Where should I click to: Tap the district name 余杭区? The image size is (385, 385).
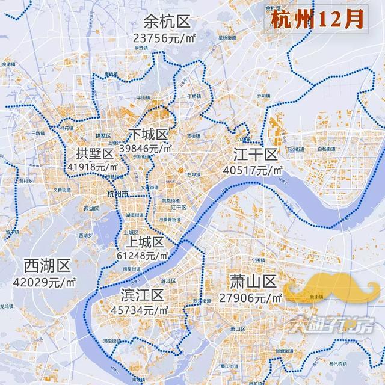pyautogui.click(x=167, y=23)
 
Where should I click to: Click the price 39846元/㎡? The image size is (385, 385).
pyautogui.click(x=146, y=147)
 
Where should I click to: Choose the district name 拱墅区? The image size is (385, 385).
pyautogui.click(x=95, y=153)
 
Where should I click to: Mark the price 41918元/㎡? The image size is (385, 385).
pyautogui.click(x=92, y=167)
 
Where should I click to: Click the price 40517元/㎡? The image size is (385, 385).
pyautogui.click(x=253, y=170)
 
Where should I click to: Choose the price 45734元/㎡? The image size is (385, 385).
pyautogui.click(x=140, y=310)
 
